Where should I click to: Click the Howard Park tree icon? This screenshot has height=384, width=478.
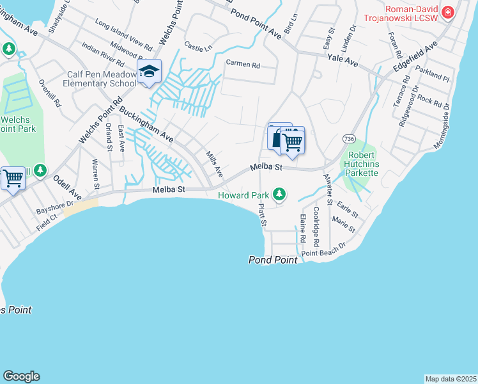pos(279,193)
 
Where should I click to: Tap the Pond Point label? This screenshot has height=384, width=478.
pos(273,260)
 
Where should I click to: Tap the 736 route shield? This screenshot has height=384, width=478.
pos(348,139)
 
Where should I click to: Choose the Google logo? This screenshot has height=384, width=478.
pos(21,376)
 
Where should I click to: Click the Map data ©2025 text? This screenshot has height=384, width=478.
pos(451,379)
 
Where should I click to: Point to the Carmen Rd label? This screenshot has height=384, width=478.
pos(243,65)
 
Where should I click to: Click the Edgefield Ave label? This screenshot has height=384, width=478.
pos(415,56)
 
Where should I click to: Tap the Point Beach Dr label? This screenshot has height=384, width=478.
pos(323,250)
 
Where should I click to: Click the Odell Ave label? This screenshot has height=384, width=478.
pos(67,186)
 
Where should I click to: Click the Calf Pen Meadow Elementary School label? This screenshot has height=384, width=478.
pos(102,79)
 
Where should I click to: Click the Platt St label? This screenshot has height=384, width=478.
pos(262,215)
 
